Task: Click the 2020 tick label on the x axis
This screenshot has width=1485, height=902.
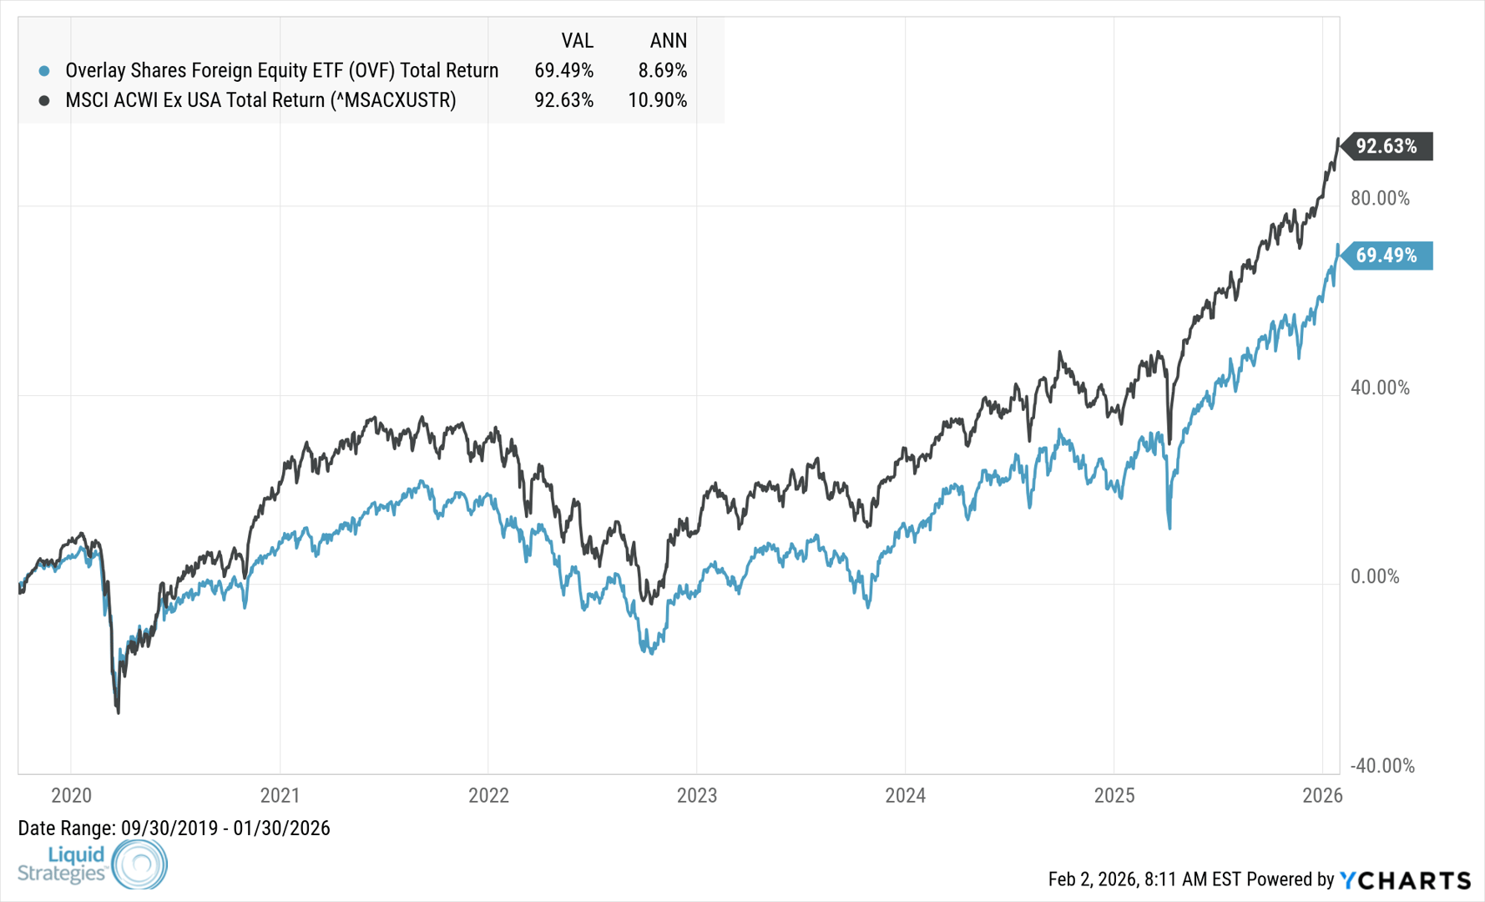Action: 71,795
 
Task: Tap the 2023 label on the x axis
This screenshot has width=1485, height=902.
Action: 697,795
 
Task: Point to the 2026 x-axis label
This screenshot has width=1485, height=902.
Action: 1322,795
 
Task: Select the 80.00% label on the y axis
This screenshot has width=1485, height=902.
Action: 1380,199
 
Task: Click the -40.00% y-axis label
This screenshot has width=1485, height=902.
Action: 1382,766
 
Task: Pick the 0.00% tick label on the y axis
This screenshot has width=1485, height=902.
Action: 1375,577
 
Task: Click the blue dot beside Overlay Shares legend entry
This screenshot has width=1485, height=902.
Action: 44,71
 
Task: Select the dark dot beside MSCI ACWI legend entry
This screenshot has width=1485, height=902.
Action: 44,100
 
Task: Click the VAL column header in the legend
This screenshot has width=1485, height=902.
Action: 577,41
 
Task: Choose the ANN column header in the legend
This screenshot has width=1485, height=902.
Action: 668,41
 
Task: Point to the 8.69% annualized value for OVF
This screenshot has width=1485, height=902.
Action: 662,71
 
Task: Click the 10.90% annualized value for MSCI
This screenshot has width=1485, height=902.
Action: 657,100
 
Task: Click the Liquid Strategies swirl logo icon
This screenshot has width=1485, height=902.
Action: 139,864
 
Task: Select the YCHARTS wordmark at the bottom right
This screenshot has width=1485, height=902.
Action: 1406,879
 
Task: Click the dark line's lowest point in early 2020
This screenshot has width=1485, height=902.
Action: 118,712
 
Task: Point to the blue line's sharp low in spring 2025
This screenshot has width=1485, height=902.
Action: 1169,527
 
